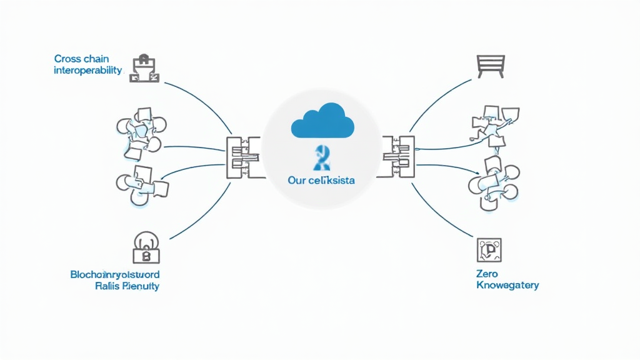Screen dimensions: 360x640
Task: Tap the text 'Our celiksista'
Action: pyautogui.click(x=321, y=181)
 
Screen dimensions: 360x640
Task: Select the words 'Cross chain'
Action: pyautogui.click(x=81, y=59)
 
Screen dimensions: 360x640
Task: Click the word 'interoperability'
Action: pyautogui.click(x=87, y=70)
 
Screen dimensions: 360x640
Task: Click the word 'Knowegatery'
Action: pyautogui.click(x=507, y=285)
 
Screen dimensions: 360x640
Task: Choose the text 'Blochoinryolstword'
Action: pyautogui.click(x=114, y=274)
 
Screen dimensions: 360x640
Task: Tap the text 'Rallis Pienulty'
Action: pyautogui.click(x=127, y=286)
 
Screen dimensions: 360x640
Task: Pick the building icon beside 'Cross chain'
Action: pyautogui.click(x=144, y=68)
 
